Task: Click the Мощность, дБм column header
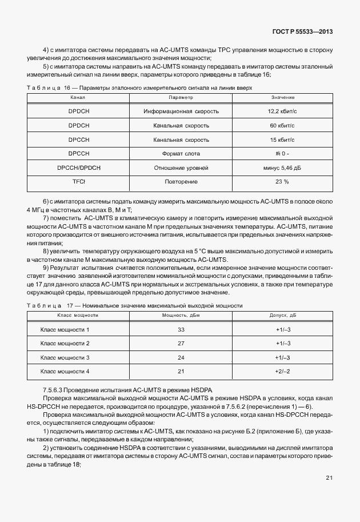181,315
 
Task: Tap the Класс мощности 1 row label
65,330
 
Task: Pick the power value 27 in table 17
181,344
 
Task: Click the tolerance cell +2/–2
283,372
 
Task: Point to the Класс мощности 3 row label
65,358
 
